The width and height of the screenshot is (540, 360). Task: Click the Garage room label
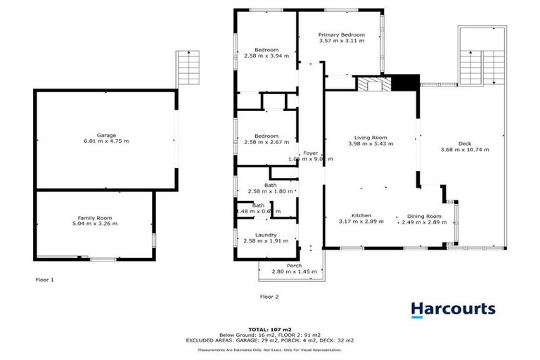(x=106, y=135)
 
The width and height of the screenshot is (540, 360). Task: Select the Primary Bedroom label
(x=342, y=34)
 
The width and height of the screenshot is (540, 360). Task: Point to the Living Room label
(x=371, y=137)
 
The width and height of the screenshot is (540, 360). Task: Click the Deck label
(x=465, y=143)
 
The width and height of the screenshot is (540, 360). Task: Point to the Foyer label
(x=310, y=153)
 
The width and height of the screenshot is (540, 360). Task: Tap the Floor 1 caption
(x=44, y=279)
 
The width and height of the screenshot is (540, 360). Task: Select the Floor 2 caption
(x=269, y=297)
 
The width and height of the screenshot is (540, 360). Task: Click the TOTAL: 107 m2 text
(x=270, y=329)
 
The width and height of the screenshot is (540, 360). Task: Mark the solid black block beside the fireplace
(x=404, y=84)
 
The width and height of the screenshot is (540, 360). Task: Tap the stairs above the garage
(x=188, y=67)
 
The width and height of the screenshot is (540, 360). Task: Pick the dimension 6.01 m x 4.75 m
(x=106, y=141)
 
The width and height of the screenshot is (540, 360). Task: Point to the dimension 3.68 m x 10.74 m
(x=465, y=150)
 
